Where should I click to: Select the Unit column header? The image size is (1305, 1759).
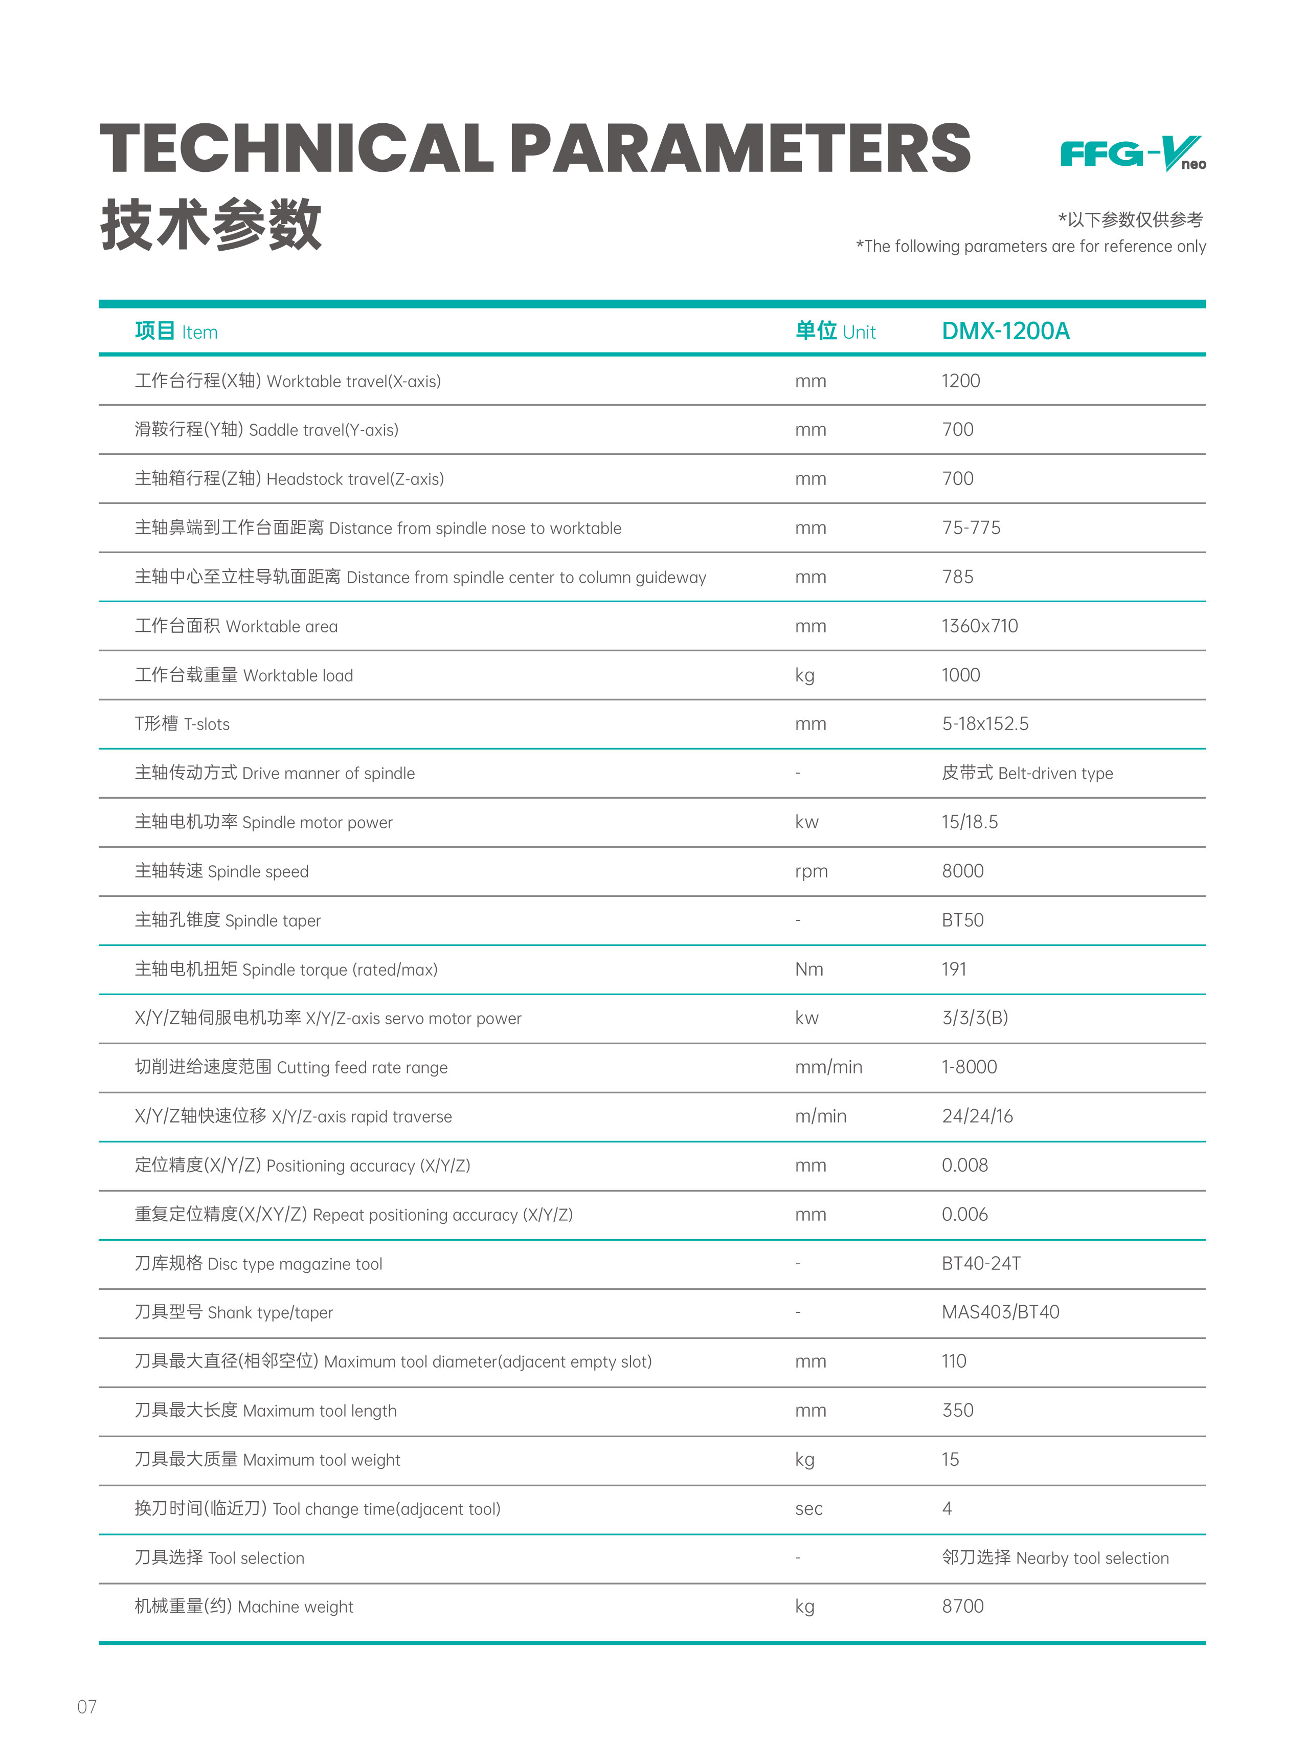[835, 331]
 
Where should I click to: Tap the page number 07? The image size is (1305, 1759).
[87, 1706]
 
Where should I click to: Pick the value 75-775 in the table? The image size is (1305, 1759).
[971, 528]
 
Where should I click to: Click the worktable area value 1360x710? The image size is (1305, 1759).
[980, 626]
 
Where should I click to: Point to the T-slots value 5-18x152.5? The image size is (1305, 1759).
[985, 724]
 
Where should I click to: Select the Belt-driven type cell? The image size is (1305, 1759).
[1027, 773]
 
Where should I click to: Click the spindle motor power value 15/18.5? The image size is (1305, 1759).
[969, 822]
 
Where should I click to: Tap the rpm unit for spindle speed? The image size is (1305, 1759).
[812, 871]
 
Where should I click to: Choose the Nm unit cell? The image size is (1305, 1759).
[809, 969]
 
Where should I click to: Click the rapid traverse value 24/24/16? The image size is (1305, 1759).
[977, 1116]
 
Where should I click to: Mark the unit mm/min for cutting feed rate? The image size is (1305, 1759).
[828, 1067]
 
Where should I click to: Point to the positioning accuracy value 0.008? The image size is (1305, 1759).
[964, 1165]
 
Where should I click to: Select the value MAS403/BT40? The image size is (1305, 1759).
[1000, 1312]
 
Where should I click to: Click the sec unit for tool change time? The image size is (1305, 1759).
[809, 1508]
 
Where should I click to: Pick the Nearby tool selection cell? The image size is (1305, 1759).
[1054, 1557]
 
